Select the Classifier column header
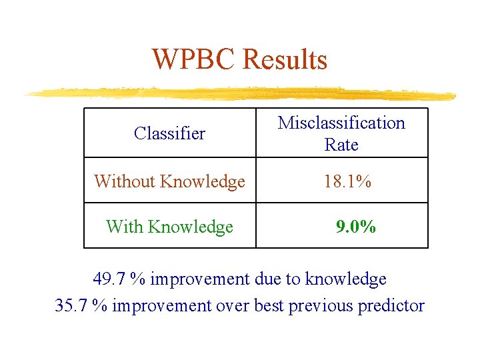coord(169,133)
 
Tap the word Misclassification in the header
coord(341,123)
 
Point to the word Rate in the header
coord(341,145)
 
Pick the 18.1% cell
coord(347,181)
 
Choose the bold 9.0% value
coord(356,227)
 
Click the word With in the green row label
coord(125,227)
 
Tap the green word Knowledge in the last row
coord(191,227)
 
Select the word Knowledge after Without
coord(203,181)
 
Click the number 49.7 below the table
coord(109,279)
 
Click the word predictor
coord(391,305)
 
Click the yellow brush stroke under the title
coord(240,93)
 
